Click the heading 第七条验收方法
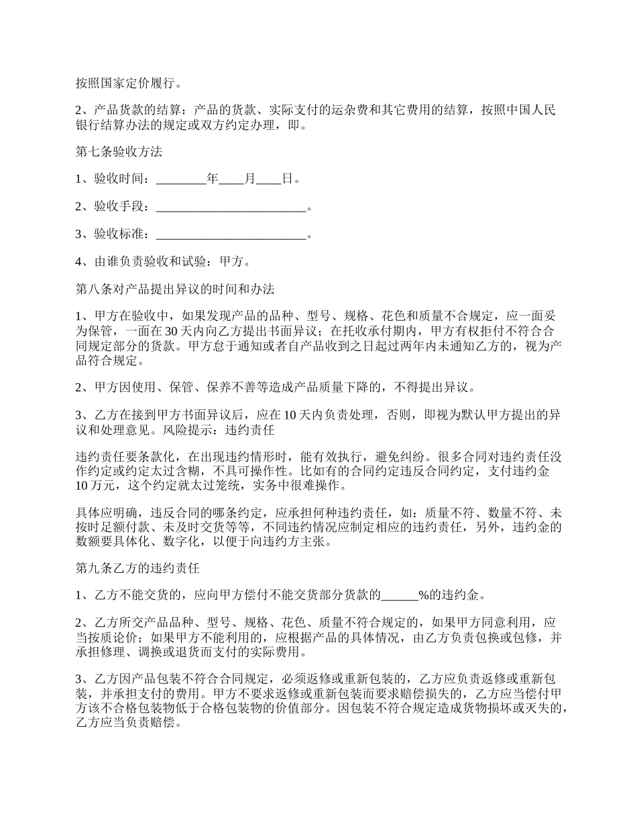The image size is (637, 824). (119, 152)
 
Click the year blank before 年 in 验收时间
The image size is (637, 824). (181, 180)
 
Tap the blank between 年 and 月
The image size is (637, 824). (232, 180)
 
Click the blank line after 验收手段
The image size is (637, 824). (231, 207)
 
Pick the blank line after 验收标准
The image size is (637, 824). (231, 234)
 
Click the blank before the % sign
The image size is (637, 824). (400, 596)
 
